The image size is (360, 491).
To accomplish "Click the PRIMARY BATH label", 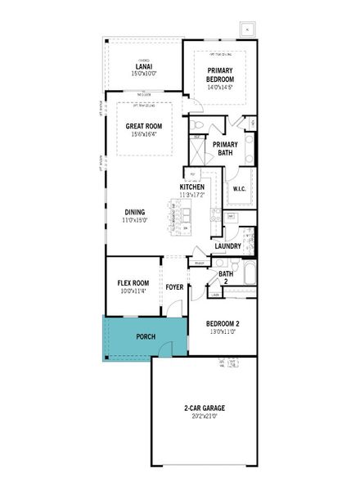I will tap(225, 148).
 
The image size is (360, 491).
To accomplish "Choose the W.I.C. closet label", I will tap(240, 190).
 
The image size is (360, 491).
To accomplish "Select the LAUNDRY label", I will tap(227, 245).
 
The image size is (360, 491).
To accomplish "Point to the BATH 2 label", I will tap(226, 278).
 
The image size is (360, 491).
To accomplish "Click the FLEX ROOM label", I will tap(133, 282).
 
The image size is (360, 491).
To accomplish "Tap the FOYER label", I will tap(174, 287).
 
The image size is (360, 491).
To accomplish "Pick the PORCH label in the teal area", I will tap(146, 336).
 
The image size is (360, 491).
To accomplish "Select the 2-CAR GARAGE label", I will tap(204, 408).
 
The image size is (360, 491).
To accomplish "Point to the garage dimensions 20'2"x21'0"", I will tap(204, 416).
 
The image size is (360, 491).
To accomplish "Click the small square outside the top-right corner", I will tap(245, 29).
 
